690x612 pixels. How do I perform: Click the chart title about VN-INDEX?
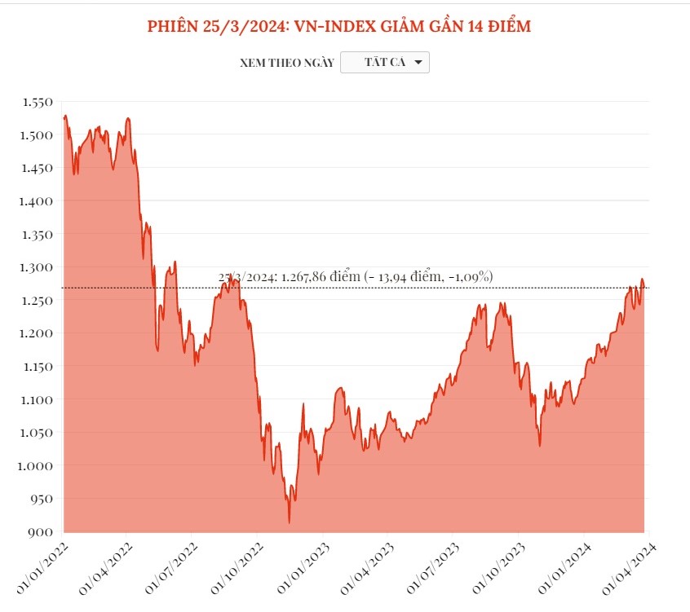(x=338, y=26)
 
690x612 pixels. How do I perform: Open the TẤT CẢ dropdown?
(x=384, y=62)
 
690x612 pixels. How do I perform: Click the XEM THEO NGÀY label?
(x=286, y=63)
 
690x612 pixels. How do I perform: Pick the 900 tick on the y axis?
(x=38, y=532)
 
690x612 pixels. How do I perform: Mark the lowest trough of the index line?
(x=289, y=522)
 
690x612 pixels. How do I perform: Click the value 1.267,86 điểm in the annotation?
(x=320, y=277)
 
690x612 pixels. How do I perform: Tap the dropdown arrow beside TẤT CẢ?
(x=418, y=63)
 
